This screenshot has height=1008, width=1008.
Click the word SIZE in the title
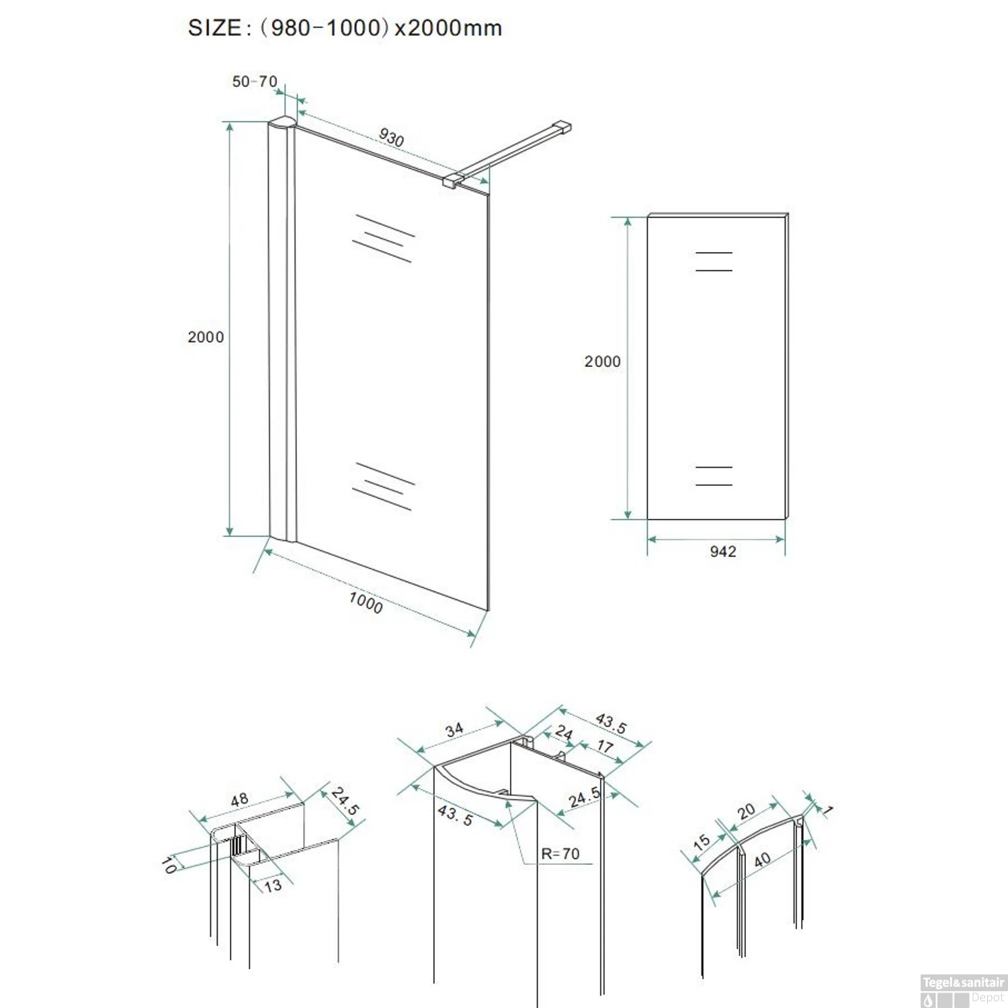(214, 28)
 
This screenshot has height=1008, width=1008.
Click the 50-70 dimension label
(255, 81)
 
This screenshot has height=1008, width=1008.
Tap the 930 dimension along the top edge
(391, 138)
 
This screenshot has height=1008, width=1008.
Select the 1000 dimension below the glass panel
(366, 602)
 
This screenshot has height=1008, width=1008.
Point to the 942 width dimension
(723, 552)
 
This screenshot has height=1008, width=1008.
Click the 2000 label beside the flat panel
(602, 362)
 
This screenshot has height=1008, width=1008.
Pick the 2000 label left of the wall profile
(206, 337)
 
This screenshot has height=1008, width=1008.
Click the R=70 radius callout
(560, 853)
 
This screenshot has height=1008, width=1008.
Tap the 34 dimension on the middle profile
(454, 729)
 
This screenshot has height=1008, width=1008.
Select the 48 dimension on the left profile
(240, 800)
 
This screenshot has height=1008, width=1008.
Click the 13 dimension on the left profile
(273, 886)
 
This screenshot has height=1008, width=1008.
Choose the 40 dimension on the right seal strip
(762, 859)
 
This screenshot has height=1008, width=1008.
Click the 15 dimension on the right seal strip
(702, 842)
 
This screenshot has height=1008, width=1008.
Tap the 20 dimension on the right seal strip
(746, 811)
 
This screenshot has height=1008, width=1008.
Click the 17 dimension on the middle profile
(605, 746)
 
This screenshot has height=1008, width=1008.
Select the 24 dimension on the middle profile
(564, 732)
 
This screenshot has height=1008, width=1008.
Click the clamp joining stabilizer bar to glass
(454, 180)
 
